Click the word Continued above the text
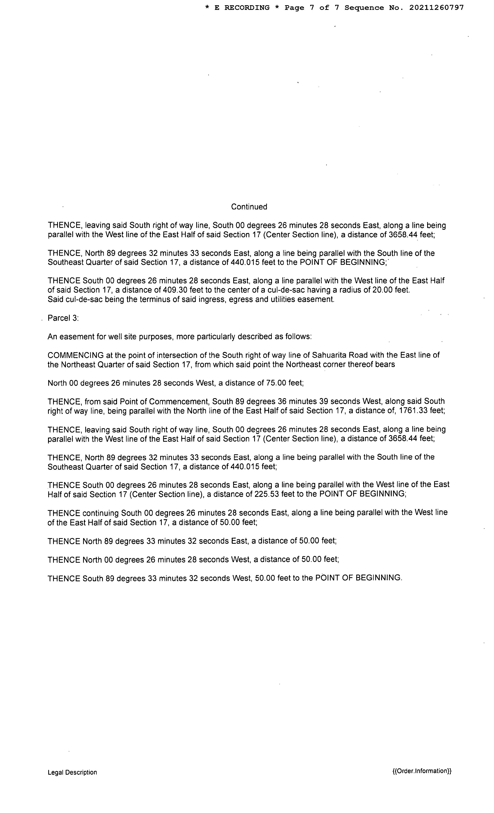click(x=249, y=207)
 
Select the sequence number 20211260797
click(x=436, y=8)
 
